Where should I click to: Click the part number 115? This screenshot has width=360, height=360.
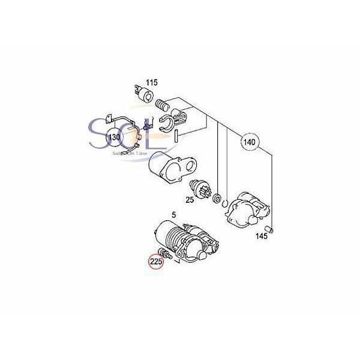pyautogui.click(x=151, y=82)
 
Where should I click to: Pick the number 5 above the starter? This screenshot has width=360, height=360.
pyautogui.click(x=174, y=214)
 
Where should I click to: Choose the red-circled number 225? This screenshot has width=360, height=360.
pyautogui.click(x=156, y=261)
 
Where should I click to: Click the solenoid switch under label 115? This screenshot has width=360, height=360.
pyautogui.click(x=143, y=93)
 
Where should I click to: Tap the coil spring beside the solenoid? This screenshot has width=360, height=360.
pyautogui.click(x=160, y=106)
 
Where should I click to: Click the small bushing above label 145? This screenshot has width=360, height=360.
pyautogui.click(x=269, y=229)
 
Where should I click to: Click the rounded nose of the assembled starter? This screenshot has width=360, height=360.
pyautogui.click(x=202, y=254)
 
